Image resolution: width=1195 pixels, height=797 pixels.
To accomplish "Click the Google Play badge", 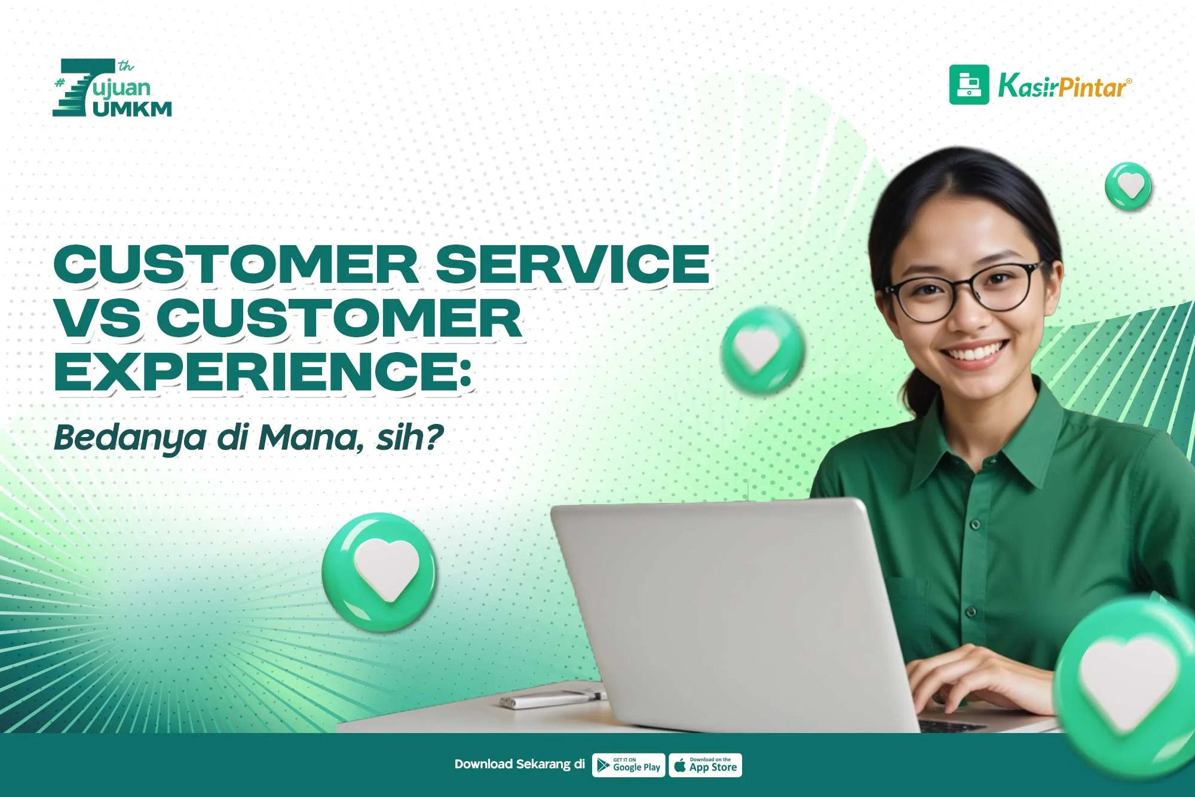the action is (628, 765).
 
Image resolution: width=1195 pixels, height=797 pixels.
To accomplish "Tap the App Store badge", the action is (705, 765).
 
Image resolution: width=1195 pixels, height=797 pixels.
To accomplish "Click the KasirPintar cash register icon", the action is (969, 85).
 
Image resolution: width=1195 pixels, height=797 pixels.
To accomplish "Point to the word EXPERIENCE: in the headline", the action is (263, 371).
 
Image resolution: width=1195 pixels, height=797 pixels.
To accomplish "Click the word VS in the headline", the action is (98, 317).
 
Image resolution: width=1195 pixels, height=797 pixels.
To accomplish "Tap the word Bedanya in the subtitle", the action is (130, 438).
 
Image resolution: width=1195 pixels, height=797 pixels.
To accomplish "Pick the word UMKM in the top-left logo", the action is (132, 109).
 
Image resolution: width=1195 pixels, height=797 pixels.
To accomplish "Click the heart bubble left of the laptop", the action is (379, 572).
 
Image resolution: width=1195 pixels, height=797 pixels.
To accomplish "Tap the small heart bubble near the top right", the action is (1128, 186).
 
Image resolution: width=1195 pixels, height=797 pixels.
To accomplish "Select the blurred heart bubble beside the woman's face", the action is (762, 350).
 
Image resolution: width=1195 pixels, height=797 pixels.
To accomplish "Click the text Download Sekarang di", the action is (520, 764).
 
